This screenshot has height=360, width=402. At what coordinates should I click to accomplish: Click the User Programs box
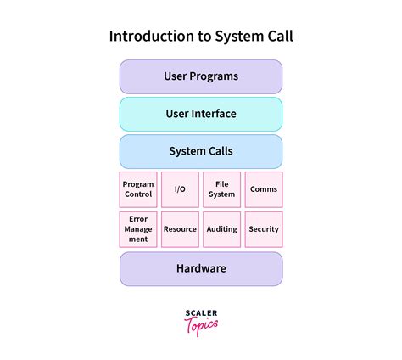pyautogui.click(x=201, y=76)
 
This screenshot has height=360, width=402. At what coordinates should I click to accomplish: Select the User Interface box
pyautogui.click(x=201, y=114)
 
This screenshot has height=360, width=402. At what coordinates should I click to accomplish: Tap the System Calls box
pyautogui.click(x=201, y=152)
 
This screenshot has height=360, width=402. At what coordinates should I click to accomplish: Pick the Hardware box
pyautogui.click(x=201, y=268)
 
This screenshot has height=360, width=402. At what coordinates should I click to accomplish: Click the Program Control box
pyautogui.click(x=138, y=189)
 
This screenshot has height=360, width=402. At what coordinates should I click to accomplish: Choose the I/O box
pyautogui.click(x=180, y=189)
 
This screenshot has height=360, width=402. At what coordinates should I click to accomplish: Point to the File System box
pyautogui.click(x=222, y=189)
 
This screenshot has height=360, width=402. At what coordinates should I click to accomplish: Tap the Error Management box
pyautogui.click(x=138, y=228)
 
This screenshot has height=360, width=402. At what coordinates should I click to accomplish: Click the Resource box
pyautogui.click(x=180, y=229)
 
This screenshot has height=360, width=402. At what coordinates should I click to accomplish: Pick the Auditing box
pyautogui.click(x=222, y=229)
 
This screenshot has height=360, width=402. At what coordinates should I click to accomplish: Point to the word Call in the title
pyautogui.click(x=277, y=37)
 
